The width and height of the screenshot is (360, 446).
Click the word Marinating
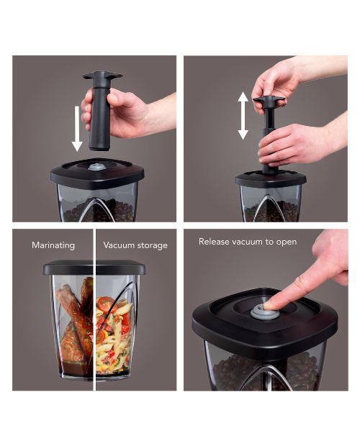(x=53, y=245)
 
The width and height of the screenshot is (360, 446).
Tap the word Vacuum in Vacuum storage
(x=119, y=245)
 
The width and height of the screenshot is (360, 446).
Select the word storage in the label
(x=152, y=245)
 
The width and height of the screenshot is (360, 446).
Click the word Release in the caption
(x=214, y=242)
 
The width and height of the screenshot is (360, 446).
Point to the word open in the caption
(x=287, y=242)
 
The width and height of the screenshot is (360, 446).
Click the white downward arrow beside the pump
(x=77, y=129)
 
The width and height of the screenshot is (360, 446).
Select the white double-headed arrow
(x=243, y=116)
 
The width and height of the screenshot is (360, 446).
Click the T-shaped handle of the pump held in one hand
(x=102, y=76)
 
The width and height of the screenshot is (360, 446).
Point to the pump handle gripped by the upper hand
(x=269, y=99)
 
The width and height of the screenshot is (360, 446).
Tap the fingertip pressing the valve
(x=269, y=305)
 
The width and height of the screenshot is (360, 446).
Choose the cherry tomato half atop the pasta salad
(x=106, y=304)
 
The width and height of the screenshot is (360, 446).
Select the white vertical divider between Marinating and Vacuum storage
(x=94, y=309)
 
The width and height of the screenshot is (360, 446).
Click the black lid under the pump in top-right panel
(x=270, y=179)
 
